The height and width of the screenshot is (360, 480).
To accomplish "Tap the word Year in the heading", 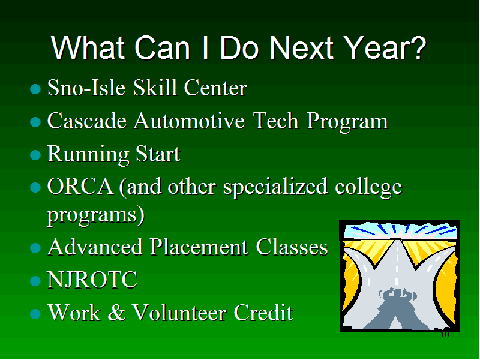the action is (374, 48).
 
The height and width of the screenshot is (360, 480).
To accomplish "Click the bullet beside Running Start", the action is (35, 155).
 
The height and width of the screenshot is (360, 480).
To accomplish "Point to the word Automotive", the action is (189, 121).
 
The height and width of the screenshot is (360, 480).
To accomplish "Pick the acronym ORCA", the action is (80, 186).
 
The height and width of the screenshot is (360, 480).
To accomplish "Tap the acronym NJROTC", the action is (92, 280).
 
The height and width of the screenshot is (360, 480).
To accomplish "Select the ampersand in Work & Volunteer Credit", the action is (116, 312).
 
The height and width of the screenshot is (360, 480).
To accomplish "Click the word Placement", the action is (199, 247).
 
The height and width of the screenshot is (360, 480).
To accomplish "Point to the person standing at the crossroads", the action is (397, 308).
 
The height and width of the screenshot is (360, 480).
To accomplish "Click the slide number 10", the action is (445, 334).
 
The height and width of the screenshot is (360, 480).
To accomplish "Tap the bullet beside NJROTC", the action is (35, 281).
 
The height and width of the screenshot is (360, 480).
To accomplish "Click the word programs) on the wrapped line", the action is (96, 215).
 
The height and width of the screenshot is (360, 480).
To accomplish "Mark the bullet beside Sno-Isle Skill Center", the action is (35, 89).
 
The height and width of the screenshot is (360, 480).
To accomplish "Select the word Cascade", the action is (87, 121).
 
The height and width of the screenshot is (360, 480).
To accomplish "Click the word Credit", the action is (263, 312).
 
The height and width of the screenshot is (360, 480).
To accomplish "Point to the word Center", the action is (215, 88).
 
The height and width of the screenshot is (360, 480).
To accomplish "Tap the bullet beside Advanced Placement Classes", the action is (35, 248).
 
